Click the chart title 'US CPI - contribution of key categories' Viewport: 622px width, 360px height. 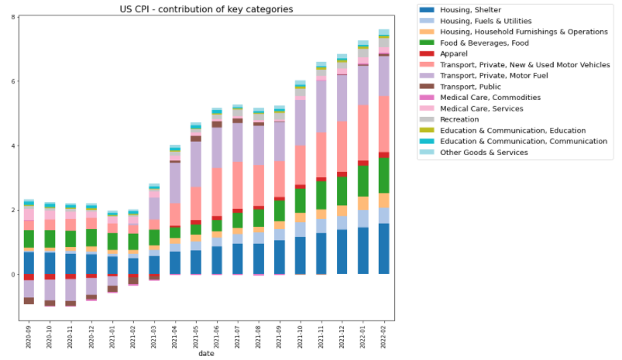tap(205, 9)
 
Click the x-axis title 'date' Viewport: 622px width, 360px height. tap(206, 354)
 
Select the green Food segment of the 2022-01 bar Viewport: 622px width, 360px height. tap(363, 181)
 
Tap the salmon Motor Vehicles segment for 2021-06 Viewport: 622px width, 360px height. tap(217, 192)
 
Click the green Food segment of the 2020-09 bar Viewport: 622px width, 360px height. tap(29, 238)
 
